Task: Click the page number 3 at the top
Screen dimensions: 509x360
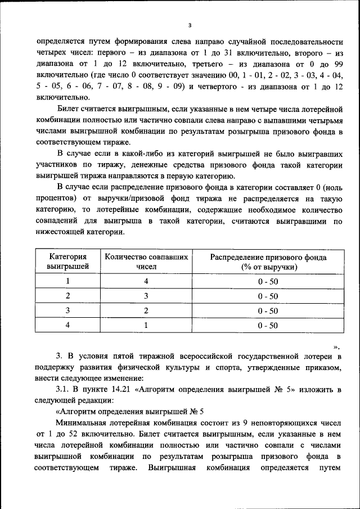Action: [190, 24]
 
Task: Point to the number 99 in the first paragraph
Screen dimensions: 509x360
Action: [338, 64]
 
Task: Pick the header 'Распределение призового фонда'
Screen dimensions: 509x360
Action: [268, 257]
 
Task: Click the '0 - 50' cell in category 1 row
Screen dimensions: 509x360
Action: [268, 281]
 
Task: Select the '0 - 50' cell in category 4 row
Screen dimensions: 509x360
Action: [268, 325]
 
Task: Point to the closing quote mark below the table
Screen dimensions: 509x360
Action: [336, 347]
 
